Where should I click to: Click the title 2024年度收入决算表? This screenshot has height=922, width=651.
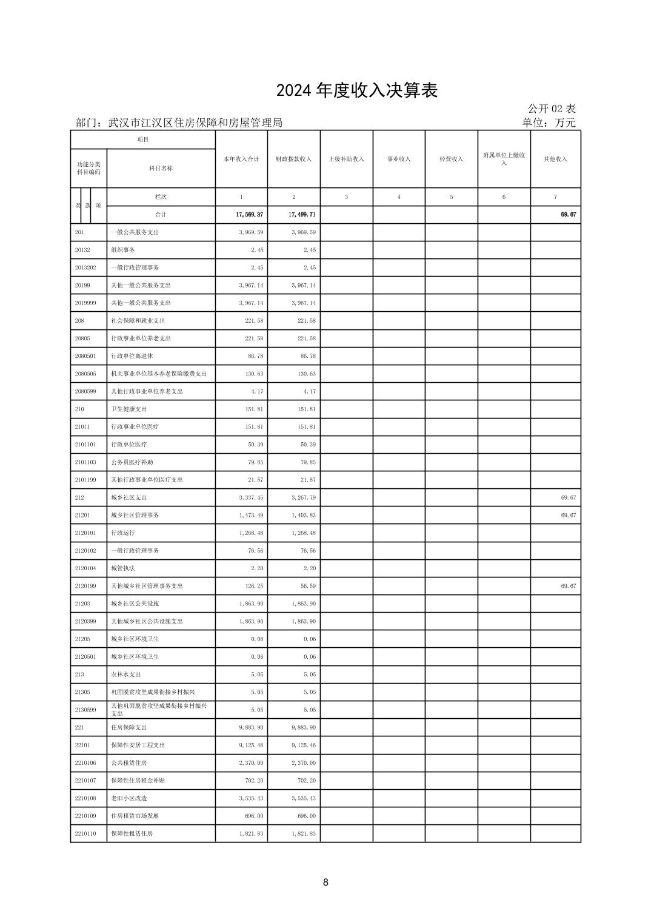coord(356,91)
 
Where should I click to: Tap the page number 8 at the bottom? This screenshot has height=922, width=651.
coord(326,882)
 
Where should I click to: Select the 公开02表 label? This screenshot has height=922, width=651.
coord(551,109)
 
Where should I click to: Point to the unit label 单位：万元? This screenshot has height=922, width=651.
coord(549,123)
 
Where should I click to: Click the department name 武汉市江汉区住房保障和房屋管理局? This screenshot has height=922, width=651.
coord(195,123)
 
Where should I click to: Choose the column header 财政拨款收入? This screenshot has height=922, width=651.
coord(294,159)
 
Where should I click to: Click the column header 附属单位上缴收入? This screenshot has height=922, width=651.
coord(504,159)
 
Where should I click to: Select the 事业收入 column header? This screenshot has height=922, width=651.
coord(399,159)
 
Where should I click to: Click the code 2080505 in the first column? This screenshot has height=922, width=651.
coord(85,374)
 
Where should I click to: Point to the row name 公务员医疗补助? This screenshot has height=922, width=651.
coord(132,462)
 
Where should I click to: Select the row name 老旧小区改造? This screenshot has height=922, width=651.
coord(129,798)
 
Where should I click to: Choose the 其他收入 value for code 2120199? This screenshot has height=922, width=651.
coord(568,586)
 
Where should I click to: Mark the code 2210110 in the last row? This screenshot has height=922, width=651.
coord(85,833)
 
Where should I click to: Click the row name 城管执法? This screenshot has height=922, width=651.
coord(123,568)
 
